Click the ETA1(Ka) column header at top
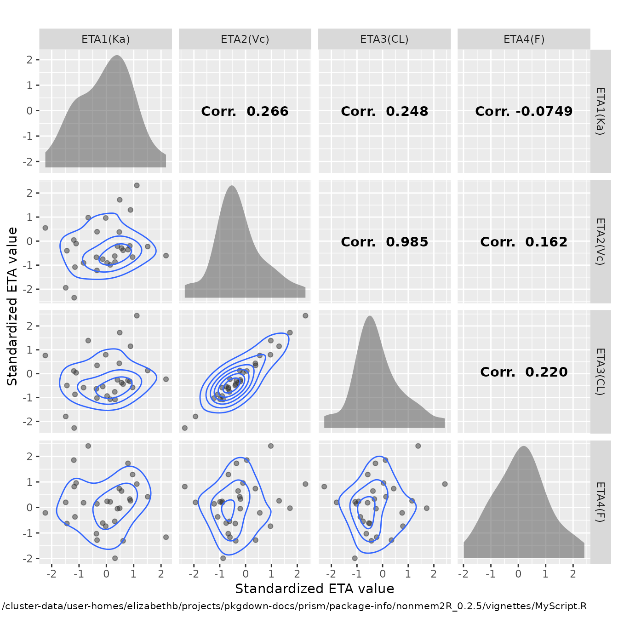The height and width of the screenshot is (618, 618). (105, 39)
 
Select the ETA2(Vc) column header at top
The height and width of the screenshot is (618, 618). (245, 39)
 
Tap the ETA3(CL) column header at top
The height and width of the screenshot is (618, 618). (384, 39)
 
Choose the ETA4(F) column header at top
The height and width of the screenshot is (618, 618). (524, 39)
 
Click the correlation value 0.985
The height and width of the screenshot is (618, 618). (407, 242)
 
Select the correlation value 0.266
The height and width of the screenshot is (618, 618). (267, 111)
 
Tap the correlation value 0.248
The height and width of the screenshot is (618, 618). (407, 111)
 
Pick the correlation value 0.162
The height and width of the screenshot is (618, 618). (546, 242)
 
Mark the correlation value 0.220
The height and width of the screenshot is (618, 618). (546, 372)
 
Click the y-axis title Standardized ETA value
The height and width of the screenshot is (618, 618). (12, 306)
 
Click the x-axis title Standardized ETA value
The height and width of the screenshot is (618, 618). (315, 589)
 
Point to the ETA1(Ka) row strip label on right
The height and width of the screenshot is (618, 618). (600, 111)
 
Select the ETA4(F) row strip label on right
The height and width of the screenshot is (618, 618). (600, 502)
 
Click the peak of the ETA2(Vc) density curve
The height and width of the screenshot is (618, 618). (232, 186)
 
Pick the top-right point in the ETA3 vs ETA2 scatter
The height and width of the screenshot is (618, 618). (305, 315)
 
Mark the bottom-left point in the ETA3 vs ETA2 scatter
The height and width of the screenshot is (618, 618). (185, 428)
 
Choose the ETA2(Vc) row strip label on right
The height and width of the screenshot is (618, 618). (600, 241)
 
